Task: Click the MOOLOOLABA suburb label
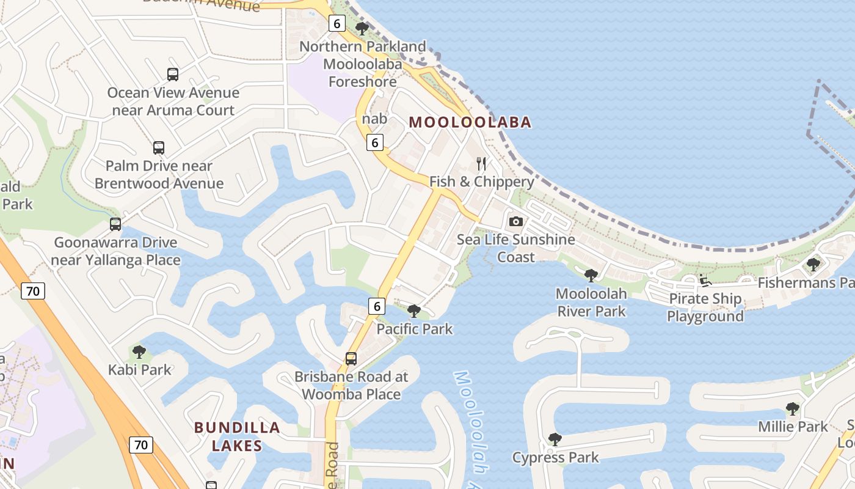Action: (x=470, y=122)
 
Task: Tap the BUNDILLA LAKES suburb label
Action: (x=237, y=436)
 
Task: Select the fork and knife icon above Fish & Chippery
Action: (x=481, y=163)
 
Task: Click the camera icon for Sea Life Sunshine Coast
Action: (x=516, y=221)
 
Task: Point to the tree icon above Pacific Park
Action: (x=414, y=311)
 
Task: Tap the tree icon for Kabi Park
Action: (x=139, y=352)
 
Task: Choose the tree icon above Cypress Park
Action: (x=555, y=439)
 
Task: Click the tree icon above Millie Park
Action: (x=793, y=409)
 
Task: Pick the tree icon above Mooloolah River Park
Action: (x=591, y=276)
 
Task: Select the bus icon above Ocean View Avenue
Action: (x=173, y=75)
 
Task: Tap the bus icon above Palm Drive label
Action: (x=159, y=148)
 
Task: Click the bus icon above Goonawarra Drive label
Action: (x=115, y=224)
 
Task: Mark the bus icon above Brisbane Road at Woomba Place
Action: (x=351, y=359)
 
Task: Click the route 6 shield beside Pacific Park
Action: (x=377, y=306)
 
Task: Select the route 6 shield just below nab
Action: (x=375, y=143)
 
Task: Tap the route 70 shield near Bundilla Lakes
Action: (x=140, y=444)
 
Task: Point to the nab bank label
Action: (x=374, y=119)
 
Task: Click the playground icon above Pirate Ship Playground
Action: (x=705, y=282)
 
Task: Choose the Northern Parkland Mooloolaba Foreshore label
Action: (x=363, y=64)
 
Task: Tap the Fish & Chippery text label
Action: (x=482, y=182)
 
